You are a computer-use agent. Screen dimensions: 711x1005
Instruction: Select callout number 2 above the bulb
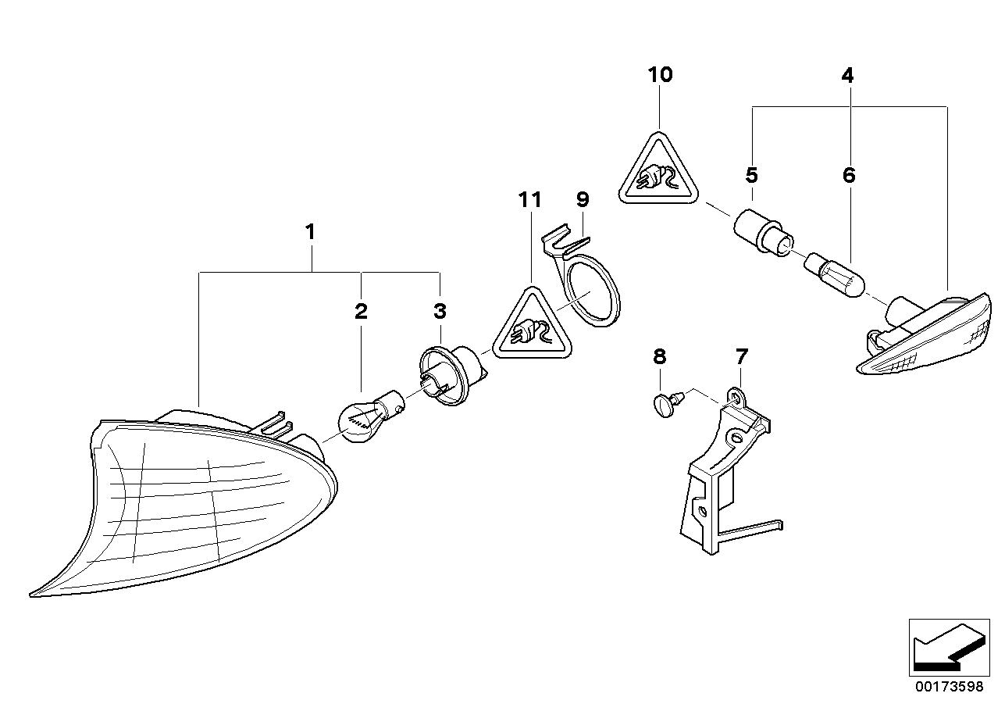[x=361, y=313]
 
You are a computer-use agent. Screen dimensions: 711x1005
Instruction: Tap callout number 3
[x=440, y=313]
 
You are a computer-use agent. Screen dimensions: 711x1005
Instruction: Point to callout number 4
[x=847, y=76]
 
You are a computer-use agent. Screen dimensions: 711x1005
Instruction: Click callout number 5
[x=751, y=174]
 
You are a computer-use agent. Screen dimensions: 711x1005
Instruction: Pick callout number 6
[x=849, y=175]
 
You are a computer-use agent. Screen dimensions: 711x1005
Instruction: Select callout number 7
[x=741, y=357]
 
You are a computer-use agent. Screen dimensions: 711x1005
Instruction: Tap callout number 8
[x=660, y=357]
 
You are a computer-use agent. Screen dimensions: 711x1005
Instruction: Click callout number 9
[x=583, y=199]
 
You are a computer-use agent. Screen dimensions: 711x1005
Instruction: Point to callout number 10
[x=660, y=75]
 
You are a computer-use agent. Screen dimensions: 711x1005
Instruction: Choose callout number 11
[x=529, y=199]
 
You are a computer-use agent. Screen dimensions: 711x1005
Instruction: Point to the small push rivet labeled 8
[x=663, y=404]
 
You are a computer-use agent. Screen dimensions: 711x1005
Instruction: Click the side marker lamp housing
[x=925, y=336]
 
